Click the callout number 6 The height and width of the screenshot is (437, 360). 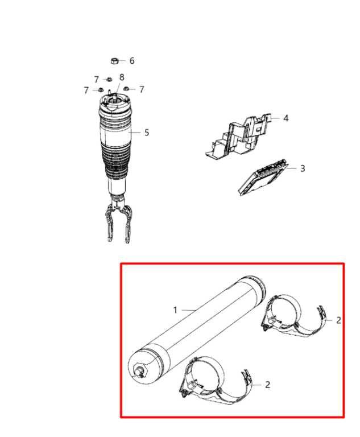pyautogui.click(x=132, y=61)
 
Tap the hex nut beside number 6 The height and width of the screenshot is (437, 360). pyautogui.click(x=115, y=60)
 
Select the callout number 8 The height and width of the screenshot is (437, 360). pyautogui.click(x=122, y=77)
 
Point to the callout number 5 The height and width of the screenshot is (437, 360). pyautogui.click(x=147, y=133)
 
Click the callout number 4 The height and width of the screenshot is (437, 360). pyautogui.click(x=286, y=118)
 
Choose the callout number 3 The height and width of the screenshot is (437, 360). pyautogui.click(x=303, y=168)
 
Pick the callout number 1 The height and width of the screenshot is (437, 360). pyautogui.click(x=175, y=310)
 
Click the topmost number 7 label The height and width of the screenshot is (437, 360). pyautogui.click(x=97, y=80)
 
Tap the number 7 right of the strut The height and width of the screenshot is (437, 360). pyautogui.click(x=142, y=89)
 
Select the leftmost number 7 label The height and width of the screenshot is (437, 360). pyautogui.click(x=86, y=90)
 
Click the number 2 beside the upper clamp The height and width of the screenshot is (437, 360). pyautogui.click(x=338, y=320)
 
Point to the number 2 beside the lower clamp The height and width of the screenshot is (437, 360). pyautogui.click(x=267, y=385)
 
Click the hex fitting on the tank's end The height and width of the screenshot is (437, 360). pyautogui.click(x=139, y=370)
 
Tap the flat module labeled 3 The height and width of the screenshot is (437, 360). pyautogui.click(x=263, y=177)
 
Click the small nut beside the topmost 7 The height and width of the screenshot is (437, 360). pyautogui.click(x=109, y=79)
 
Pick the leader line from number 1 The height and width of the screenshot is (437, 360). pyautogui.click(x=189, y=310)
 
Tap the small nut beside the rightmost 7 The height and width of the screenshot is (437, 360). pyautogui.click(x=126, y=89)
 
